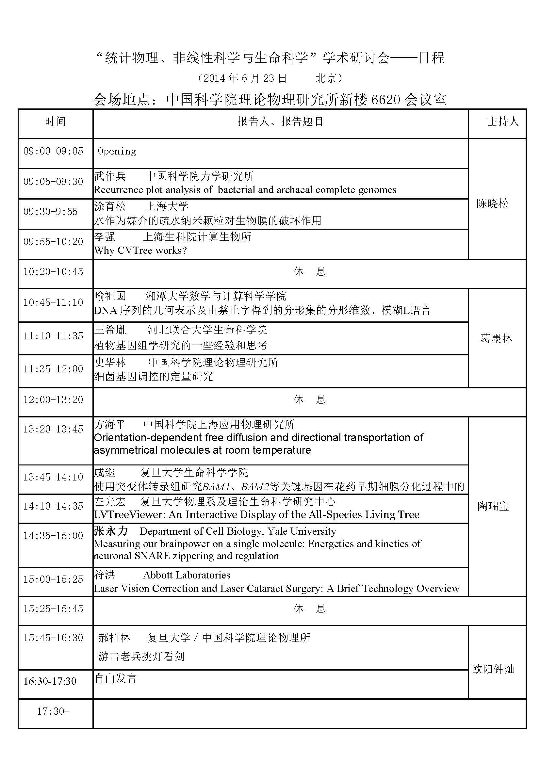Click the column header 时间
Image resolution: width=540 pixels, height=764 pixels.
coord(55,122)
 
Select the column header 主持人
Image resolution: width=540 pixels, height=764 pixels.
coord(503,122)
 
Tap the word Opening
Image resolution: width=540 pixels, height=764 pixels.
coord(117,152)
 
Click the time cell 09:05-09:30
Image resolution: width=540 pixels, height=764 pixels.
coord(53,181)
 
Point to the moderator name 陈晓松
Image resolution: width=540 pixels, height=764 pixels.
coord(492,203)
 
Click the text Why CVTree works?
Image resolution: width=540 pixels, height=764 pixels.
coord(140,250)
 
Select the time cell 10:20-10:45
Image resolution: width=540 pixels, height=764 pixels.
coord(53,271)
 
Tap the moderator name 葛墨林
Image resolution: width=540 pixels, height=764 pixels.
coord(496,338)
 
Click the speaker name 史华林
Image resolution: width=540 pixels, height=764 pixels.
coord(110,362)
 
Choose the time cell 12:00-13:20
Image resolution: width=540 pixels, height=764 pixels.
coord(53,399)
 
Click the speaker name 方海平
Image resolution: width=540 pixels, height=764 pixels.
coord(110,424)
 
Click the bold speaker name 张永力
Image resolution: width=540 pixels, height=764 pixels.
coord(111,531)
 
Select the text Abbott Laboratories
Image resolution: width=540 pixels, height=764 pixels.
coord(187,575)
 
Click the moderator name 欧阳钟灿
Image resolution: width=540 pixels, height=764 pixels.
coord(493,669)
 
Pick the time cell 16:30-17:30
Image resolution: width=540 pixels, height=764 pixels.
coord(50,681)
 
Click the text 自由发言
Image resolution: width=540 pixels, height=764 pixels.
coord(116,678)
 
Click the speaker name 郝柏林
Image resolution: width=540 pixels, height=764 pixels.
coord(114,638)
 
